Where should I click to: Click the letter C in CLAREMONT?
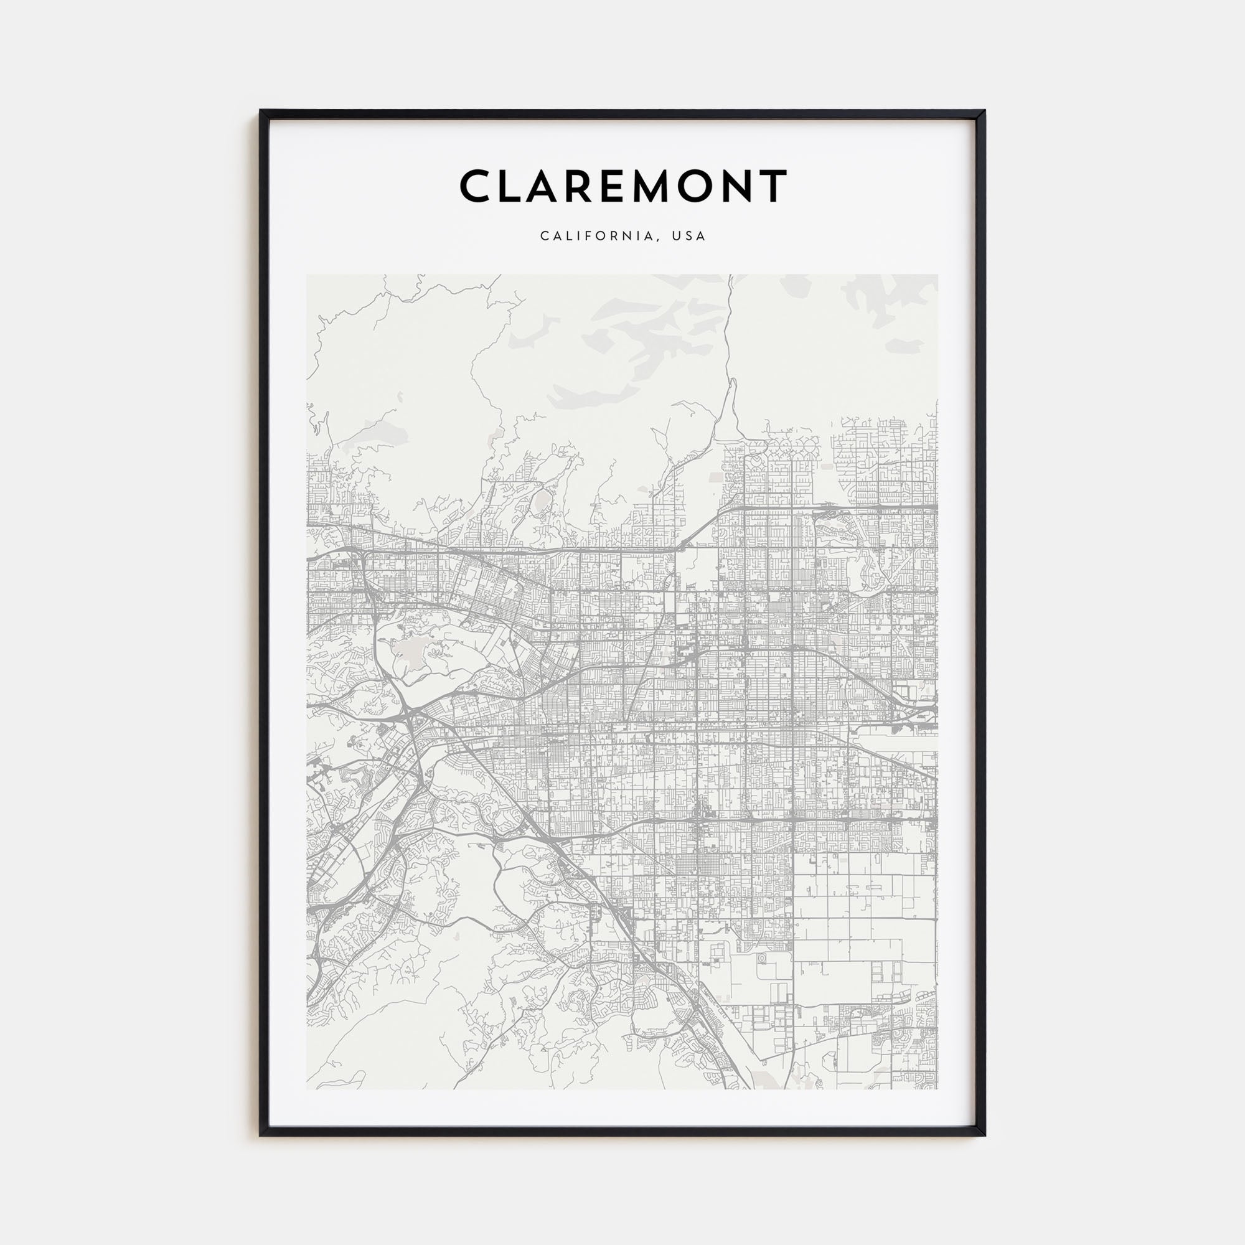click(476, 186)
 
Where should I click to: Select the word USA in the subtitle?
click(689, 236)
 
